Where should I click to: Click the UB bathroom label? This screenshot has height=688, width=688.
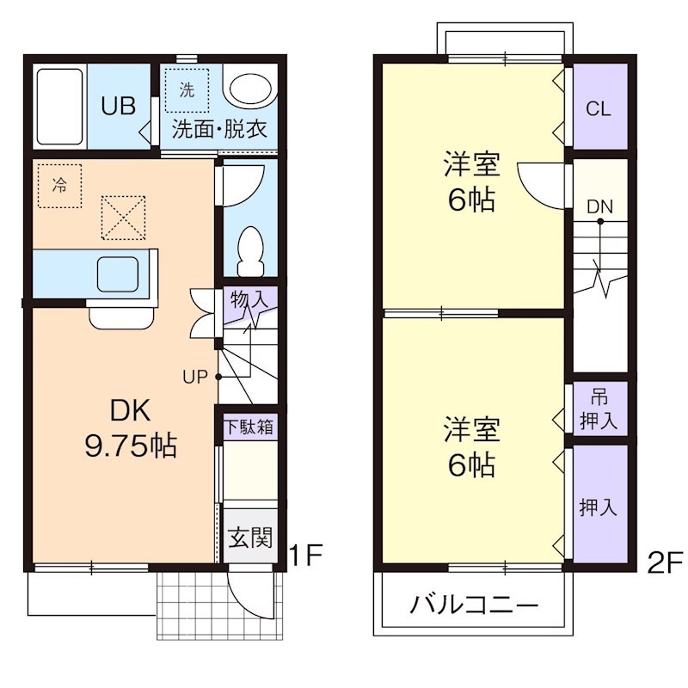coord(118,106)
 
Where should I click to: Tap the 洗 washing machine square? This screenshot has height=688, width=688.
coord(187,89)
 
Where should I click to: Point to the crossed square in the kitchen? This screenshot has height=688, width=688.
coord(123,217)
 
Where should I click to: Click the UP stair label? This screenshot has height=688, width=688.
coord(194,376)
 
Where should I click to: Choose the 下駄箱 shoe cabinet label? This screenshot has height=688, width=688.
coord(249,427)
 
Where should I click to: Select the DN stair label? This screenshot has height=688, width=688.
coord(599,206)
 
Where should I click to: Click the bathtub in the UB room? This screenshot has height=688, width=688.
coord(59,106)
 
